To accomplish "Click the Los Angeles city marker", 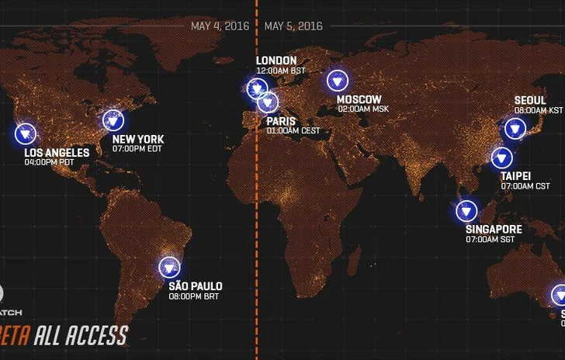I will [x=26, y=133].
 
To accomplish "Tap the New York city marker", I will [x=114, y=119].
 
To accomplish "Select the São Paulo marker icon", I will [x=169, y=268].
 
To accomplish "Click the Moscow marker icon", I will [x=338, y=80].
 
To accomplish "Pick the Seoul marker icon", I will [x=515, y=129].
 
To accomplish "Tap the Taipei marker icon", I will [x=501, y=159].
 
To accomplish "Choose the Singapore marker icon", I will [x=466, y=210].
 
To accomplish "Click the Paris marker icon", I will [x=269, y=102].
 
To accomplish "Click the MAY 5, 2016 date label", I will [x=293, y=26].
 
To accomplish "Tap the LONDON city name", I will [x=276, y=61].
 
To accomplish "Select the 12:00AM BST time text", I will [x=281, y=71].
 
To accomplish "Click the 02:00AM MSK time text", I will [x=363, y=109].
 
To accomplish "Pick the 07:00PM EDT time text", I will [x=137, y=150].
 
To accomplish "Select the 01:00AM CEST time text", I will [x=293, y=131].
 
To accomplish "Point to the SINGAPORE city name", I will [x=494, y=230].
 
